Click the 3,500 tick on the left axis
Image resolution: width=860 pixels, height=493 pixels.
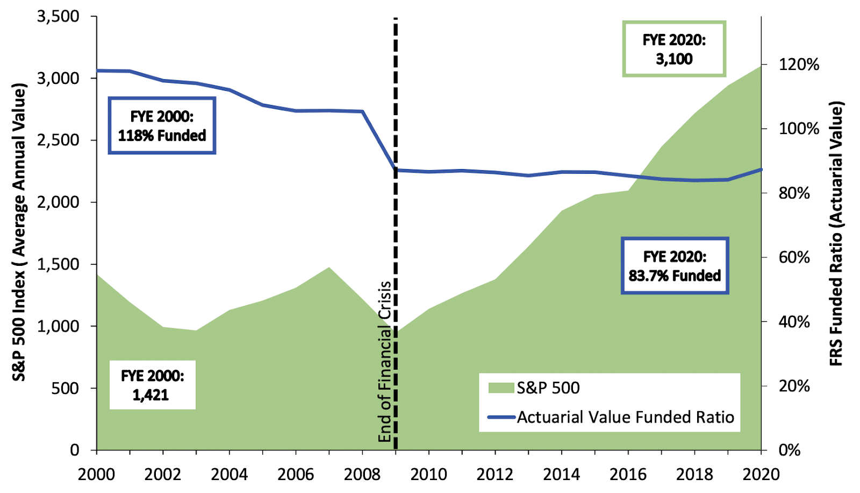58,16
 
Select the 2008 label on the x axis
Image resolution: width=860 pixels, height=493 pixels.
362,474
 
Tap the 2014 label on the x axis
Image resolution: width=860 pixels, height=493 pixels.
561,474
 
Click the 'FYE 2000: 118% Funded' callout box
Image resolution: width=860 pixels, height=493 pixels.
162,126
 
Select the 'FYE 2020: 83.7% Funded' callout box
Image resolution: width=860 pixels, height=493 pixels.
675,266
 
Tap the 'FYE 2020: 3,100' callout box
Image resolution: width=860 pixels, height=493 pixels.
674,49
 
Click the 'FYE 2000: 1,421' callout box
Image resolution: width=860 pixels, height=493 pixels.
152,385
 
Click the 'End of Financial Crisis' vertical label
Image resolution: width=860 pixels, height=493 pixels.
384,361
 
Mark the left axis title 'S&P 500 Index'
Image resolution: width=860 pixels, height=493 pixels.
19,232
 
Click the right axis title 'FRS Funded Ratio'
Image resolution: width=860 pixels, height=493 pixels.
836,234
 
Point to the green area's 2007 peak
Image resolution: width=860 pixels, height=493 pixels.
329,267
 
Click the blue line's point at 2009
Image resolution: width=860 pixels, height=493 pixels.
396,170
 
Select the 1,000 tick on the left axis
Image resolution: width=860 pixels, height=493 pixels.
58,326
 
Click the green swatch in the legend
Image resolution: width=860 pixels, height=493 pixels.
501,388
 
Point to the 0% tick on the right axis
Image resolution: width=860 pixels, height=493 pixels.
790,450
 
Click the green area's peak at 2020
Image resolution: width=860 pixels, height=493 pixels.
761,66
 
